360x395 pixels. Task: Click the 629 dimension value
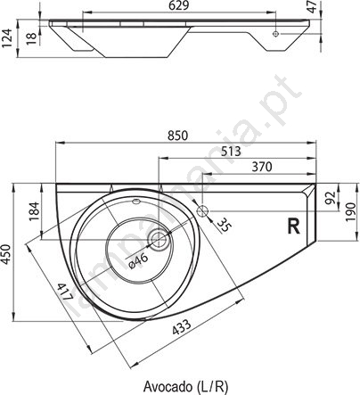coord(178,6)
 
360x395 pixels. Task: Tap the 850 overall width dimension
coord(178,136)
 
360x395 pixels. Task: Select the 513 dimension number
coord(231,152)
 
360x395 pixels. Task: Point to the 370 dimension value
coord(262,167)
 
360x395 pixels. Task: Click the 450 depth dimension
coord(7,254)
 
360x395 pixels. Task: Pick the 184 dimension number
coord(35,211)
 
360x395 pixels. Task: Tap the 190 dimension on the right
coord(351,212)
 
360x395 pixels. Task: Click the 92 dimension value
coord(331,197)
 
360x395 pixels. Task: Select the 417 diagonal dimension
coord(64,292)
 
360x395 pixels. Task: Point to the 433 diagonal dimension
coord(182,327)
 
